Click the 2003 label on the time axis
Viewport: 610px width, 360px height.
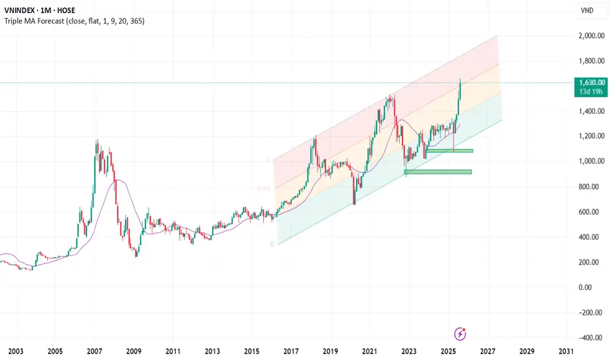pos(16,351)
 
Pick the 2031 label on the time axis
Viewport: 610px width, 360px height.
pos(566,351)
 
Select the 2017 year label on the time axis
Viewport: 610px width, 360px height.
pos(291,351)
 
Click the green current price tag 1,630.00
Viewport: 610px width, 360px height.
pos(589,83)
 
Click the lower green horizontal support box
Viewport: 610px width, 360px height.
pos(438,172)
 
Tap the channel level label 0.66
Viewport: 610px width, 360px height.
pos(264,189)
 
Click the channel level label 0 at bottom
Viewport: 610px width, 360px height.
pos(271,245)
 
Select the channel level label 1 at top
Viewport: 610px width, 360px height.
pos(268,160)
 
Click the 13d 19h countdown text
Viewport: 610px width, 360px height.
pos(589,93)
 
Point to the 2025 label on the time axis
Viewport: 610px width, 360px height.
pos(448,351)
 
